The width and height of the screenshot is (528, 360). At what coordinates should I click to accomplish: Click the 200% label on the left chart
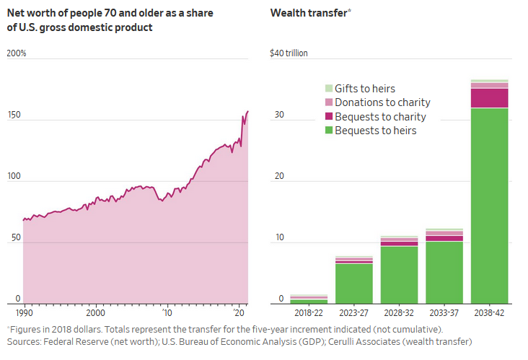[x=17, y=53]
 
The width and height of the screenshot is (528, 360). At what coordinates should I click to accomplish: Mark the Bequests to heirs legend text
[x=375, y=131]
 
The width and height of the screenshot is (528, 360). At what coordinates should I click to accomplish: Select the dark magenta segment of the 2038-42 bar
[x=489, y=97]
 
